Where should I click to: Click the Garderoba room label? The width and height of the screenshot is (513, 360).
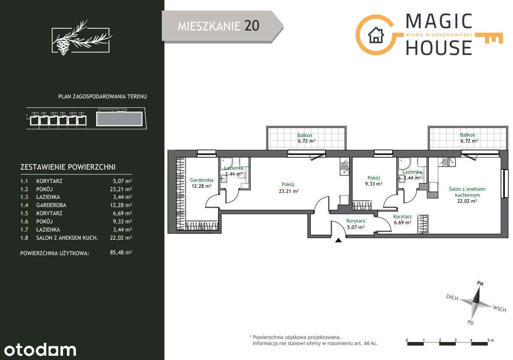click(201, 180)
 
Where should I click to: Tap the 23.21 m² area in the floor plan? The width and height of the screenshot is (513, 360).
click(288, 191)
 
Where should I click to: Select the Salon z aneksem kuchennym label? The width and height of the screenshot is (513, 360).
click(467, 192)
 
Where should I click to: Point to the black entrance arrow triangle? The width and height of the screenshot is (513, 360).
click(339, 240)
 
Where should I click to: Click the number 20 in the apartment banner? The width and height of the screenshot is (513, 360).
click(252, 26)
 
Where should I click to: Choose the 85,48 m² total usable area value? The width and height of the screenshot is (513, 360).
click(121, 252)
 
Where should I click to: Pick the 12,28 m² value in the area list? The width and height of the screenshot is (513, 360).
click(121, 205)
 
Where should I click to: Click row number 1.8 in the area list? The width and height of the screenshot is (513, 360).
click(24, 238)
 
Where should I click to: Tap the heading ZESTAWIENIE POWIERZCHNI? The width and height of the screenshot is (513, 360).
click(68, 167)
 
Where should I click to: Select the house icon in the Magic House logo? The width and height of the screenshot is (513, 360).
click(376, 35)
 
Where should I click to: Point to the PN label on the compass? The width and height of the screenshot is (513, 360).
click(480, 284)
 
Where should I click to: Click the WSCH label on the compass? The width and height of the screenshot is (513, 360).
click(500, 308)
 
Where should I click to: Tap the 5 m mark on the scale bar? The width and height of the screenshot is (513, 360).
click(490, 340)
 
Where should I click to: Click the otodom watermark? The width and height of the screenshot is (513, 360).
click(40, 350)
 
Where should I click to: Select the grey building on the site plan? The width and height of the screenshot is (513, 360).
click(119, 119)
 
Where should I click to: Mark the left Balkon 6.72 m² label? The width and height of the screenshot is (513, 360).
click(306, 138)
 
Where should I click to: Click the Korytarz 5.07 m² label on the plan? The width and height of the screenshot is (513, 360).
click(355, 224)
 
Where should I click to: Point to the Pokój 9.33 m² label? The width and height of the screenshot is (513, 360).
click(373, 181)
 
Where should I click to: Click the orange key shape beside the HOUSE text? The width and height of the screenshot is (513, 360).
click(489, 38)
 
